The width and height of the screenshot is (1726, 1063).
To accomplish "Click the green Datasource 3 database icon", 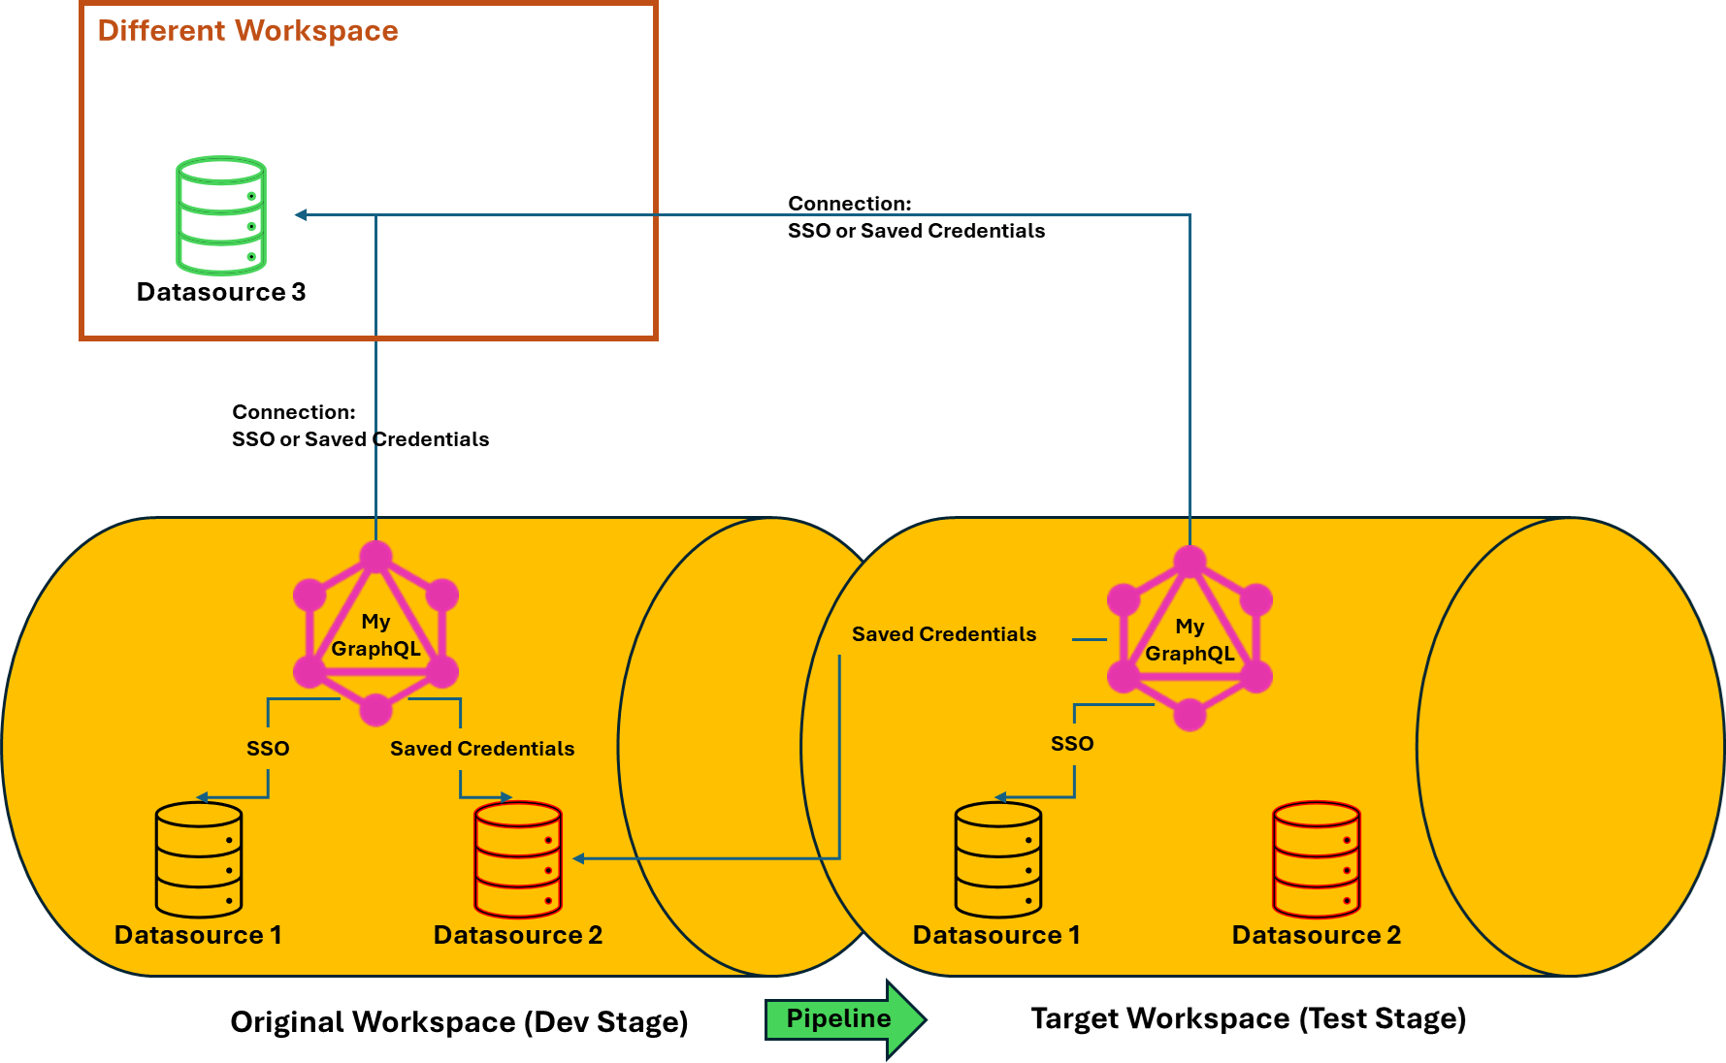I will click(221, 215).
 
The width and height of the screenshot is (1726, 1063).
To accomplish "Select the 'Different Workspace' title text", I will click(247, 31).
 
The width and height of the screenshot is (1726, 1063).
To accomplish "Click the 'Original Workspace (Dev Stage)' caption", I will click(459, 1022).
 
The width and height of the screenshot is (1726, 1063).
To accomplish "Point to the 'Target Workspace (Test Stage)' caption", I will click(1248, 1018).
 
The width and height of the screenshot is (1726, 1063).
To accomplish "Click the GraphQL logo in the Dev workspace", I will click(375, 634).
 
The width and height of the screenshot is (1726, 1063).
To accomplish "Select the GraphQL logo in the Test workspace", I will click(1189, 639).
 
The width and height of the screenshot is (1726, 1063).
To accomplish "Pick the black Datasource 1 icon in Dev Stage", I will click(199, 859).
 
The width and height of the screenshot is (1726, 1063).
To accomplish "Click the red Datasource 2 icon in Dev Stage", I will click(518, 859).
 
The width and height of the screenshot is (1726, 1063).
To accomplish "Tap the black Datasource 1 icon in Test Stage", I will click(998, 859).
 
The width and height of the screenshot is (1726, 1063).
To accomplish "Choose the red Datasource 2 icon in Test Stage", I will click(1317, 859).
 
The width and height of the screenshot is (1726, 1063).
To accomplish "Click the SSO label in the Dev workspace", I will click(268, 749).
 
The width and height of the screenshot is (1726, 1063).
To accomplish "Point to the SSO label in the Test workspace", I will click(1072, 744).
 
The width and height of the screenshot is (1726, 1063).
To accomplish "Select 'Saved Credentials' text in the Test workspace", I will click(944, 634).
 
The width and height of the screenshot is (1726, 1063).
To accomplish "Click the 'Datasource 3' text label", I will click(221, 292).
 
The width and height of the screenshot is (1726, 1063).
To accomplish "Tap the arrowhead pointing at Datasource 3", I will click(301, 215).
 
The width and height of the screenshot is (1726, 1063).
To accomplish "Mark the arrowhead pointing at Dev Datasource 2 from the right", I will click(578, 858).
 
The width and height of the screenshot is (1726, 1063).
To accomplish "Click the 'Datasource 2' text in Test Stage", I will click(1317, 935).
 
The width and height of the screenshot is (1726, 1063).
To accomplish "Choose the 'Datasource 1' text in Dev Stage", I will click(198, 935).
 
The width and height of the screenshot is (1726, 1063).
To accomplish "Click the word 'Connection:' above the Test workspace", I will click(850, 204).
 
